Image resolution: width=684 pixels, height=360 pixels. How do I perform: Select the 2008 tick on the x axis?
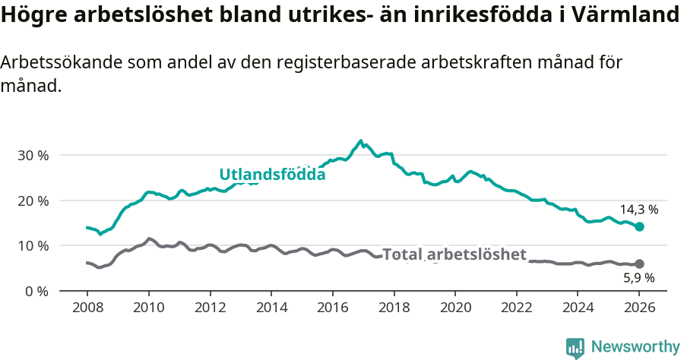(87, 309)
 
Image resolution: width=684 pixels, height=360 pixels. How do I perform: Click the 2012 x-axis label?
(210, 309)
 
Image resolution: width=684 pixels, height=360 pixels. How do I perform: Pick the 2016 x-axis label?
(332, 309)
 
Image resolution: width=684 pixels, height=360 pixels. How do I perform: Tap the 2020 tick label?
(455, 309)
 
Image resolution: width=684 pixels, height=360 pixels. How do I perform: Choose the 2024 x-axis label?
(578, 309)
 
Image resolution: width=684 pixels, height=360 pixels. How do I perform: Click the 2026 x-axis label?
(639, 309)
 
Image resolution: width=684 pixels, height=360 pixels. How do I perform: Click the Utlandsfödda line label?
(272, 175)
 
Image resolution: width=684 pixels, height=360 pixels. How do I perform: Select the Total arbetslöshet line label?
(454, 254)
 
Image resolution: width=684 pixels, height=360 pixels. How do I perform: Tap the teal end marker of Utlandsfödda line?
(639, 226)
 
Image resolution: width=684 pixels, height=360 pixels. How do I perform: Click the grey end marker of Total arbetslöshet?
(639, 264)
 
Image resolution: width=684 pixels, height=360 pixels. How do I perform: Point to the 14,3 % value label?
(638, 209)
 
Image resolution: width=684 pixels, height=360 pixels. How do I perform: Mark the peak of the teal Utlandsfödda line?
(360, 141)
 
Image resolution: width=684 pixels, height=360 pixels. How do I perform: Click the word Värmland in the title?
(626, 15)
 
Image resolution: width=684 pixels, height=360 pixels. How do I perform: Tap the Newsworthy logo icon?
(575, 348)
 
